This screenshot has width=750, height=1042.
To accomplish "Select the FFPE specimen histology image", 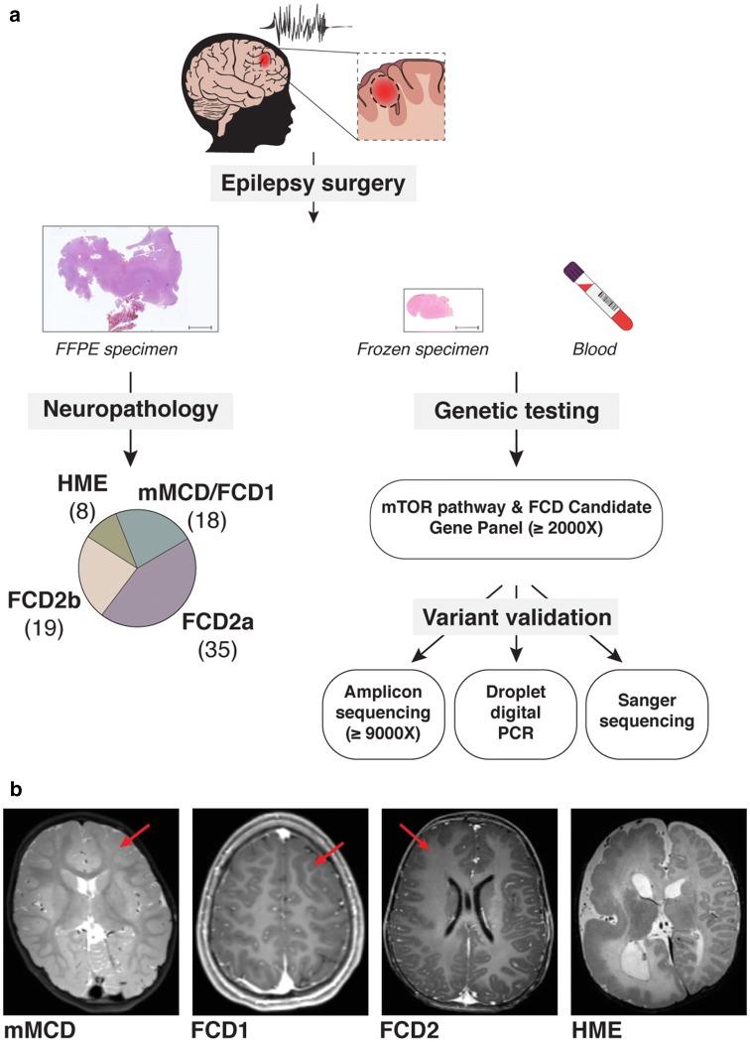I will [131, 277].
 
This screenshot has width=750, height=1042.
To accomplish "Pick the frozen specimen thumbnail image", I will [442, 310].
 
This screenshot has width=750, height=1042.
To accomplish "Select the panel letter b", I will [14, 789].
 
